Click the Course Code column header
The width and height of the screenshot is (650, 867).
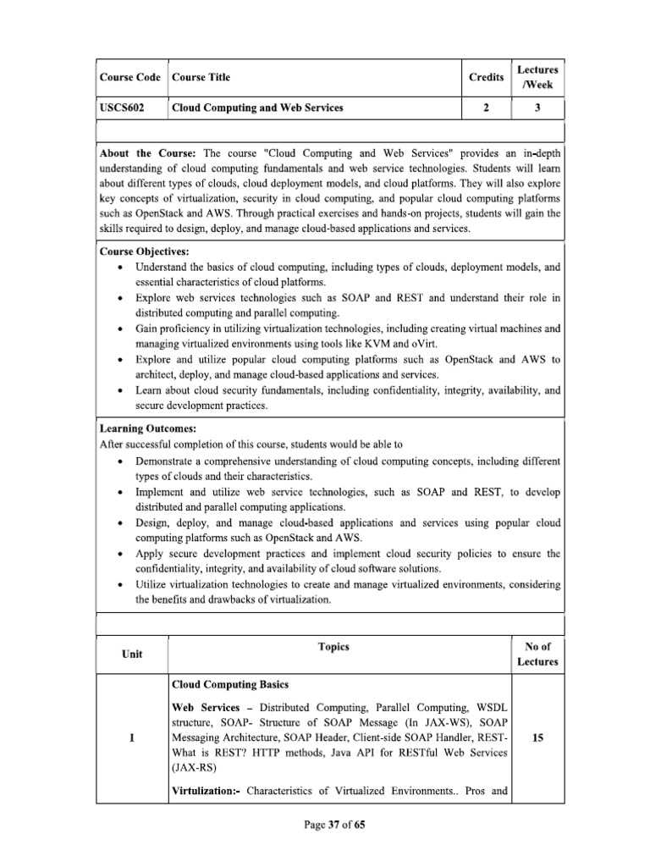[131, 78]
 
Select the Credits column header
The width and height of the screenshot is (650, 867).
[485, 78]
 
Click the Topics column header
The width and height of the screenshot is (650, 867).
[333, 647]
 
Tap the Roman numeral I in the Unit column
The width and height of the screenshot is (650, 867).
[131, 737]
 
